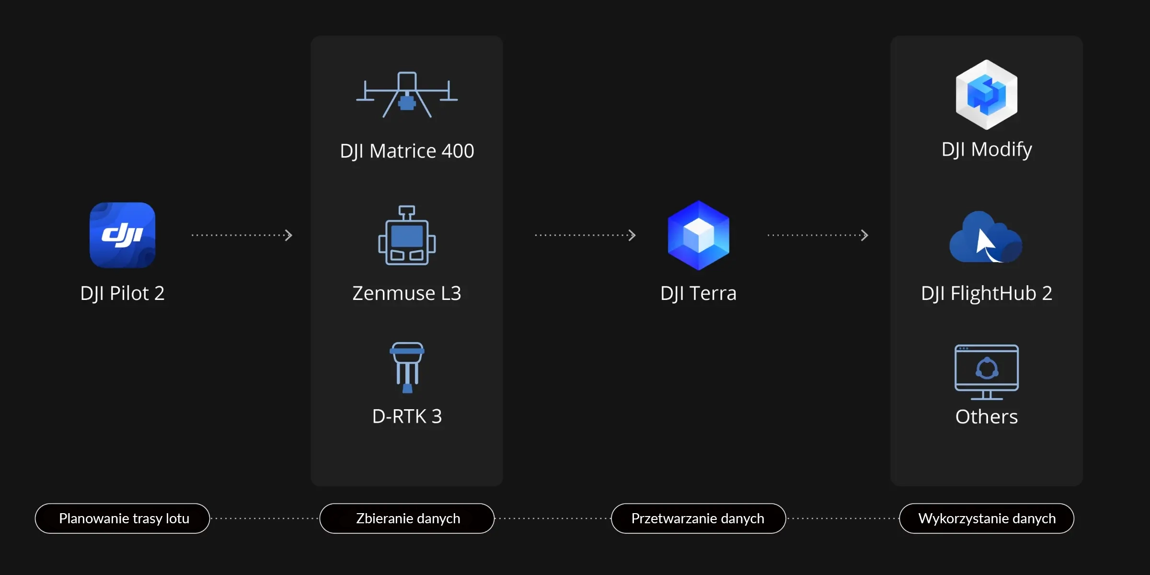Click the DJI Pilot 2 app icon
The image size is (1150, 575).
122,235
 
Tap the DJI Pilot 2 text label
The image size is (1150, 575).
122,293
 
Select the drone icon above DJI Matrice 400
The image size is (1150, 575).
407,95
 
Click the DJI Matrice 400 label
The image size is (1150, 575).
407,151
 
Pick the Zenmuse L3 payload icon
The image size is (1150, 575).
407,235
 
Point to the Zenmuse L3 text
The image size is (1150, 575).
407,293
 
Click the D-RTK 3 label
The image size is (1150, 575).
407,416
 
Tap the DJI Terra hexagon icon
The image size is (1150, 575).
698,235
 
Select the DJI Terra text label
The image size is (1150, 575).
698,293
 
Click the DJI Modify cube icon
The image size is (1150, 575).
986,94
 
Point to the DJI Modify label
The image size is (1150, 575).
986,149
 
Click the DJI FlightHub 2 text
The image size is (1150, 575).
986,293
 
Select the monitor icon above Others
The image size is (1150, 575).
986,372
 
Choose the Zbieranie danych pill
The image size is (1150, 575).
407,518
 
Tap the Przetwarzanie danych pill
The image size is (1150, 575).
698,518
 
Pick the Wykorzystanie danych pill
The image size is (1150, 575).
987,518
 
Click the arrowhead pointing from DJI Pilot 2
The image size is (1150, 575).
288,235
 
